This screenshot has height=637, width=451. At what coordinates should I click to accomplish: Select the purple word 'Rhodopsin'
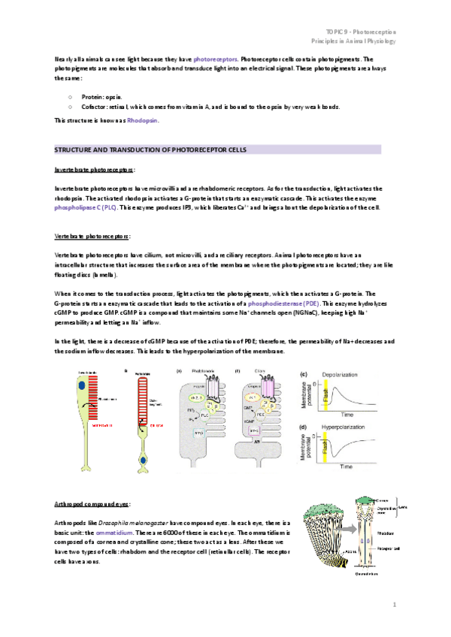[142, 120]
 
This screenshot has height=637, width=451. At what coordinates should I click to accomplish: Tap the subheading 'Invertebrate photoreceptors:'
[95, 170]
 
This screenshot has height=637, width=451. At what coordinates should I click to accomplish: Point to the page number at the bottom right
[394, 604]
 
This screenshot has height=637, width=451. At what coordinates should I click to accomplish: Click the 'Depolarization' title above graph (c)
[344, 373]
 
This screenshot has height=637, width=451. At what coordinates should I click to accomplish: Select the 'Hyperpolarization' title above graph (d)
[347, 426]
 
